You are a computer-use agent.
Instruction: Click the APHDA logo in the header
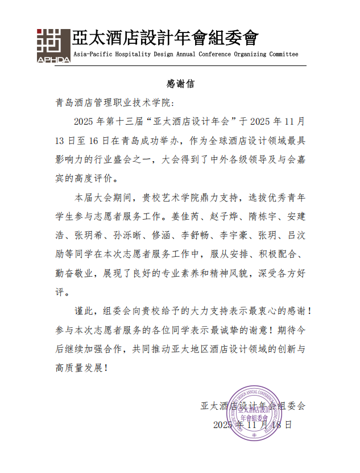53,44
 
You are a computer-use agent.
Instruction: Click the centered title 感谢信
180,84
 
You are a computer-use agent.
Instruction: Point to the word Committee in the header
279,55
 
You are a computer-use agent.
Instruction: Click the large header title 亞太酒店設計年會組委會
165,38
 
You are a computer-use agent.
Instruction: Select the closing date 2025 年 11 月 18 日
253,425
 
